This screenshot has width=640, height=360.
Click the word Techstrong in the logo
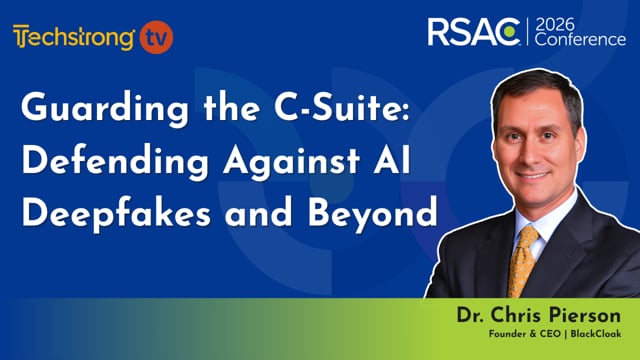coord(74,38)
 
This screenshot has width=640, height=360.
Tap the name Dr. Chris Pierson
coord(545,314)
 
